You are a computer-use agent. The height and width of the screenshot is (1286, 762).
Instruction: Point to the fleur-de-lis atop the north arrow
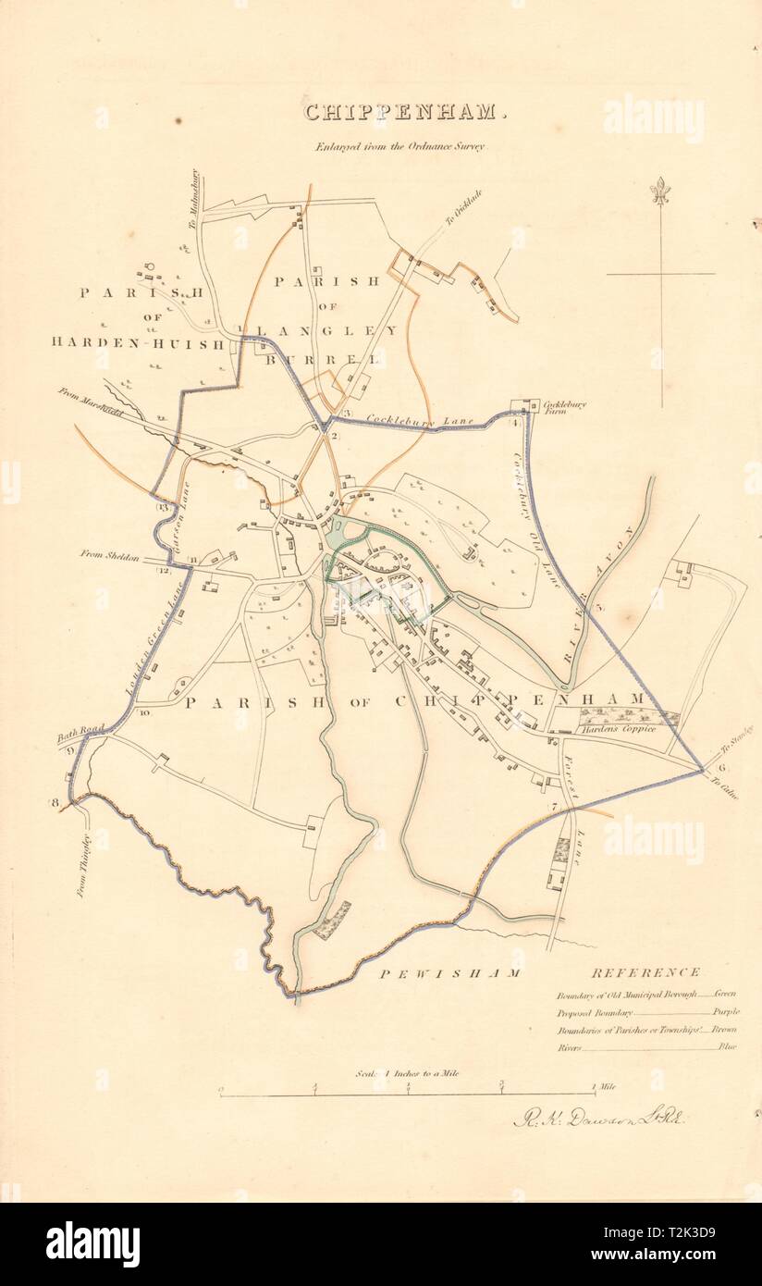pos(659,192)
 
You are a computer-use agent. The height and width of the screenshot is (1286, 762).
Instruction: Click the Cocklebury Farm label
pos(565,408)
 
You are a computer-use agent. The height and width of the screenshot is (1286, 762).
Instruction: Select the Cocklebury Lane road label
pos(419,421)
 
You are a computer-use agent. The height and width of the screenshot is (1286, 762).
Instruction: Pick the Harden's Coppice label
pos(620,730)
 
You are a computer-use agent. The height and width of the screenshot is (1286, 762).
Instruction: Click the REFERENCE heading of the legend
pos(645,972)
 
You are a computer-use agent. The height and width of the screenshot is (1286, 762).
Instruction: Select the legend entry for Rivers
pos(568,1047)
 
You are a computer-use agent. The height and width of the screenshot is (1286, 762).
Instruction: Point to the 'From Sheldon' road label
pos(109,556)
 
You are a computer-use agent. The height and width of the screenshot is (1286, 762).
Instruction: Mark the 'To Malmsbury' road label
pos(195,199)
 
